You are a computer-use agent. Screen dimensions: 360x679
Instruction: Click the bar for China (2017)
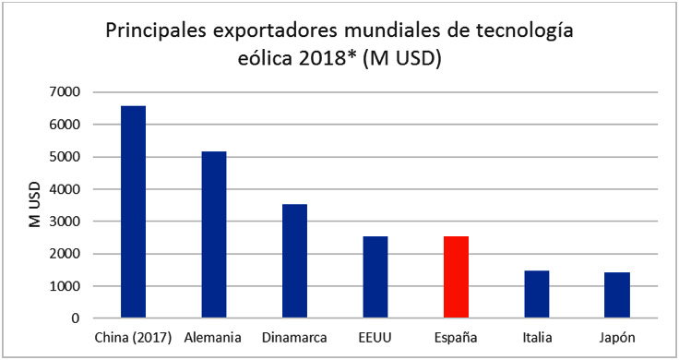(x=133, y=212)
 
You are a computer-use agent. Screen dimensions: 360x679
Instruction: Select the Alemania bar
(x=214, y=235)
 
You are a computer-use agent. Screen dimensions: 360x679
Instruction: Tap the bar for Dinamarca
(x=294, y=261)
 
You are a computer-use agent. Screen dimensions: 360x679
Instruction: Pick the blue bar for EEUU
(x=375, y=277)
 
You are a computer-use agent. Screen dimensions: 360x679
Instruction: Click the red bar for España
(x=456, y=277)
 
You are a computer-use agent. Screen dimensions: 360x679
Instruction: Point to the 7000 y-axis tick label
(x=66, y=92)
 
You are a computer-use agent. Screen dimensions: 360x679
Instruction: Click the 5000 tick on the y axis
(x=66, y=157)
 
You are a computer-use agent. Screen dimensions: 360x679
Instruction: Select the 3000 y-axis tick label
(x=66, y=222)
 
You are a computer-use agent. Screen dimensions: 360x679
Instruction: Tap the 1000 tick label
(x=66, y=286)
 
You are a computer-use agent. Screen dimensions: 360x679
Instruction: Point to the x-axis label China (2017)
(x=133, y=339)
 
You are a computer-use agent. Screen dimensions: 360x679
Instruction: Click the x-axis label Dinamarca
(x=294, y=339)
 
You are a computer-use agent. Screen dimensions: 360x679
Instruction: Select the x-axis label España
(x=456, y=339)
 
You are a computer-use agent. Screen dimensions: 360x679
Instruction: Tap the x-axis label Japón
(x=616, y=339)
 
